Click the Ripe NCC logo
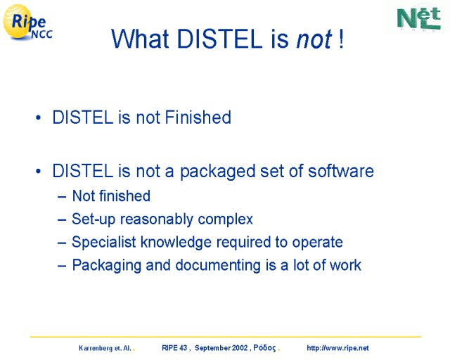point(28,22)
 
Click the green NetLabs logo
point(419,18)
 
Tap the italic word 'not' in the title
point(314,39)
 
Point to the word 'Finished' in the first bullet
point(198,117)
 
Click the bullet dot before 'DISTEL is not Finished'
point(38,117)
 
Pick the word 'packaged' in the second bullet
point(217,172)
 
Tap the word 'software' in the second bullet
point(340,171)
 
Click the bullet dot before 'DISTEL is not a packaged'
point(38,171)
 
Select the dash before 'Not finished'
point(62,197)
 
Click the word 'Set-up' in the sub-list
point(94,219)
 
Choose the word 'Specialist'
point(104,242)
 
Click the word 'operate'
point(317,243)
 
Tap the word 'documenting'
point(218,265)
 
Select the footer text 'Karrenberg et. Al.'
point(105,348)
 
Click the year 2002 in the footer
point(240,348)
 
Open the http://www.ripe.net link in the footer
point(337,348)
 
